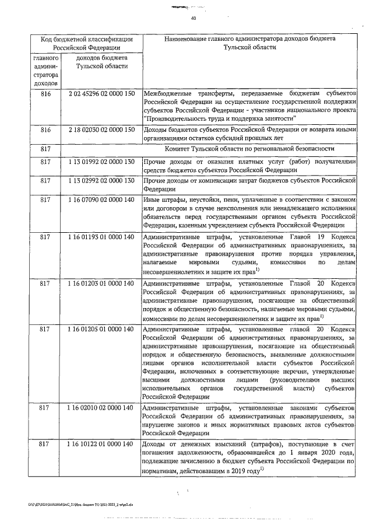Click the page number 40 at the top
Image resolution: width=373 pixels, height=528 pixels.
[x=193, y=19]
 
